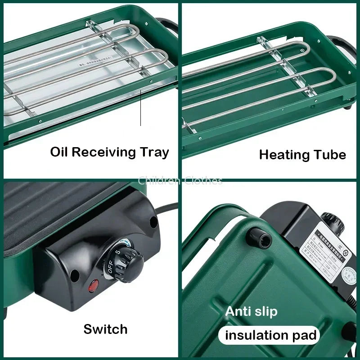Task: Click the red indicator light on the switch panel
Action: (94, 286)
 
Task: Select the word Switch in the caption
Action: (105, 329)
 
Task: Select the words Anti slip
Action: (251, 311)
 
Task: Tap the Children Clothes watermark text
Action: (180, 181)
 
